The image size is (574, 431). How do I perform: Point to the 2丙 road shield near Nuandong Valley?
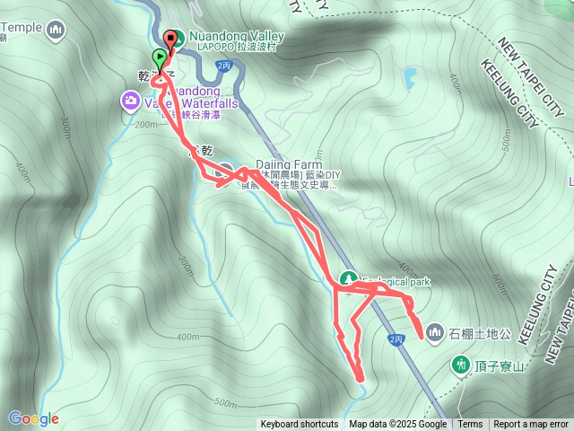point(224,66)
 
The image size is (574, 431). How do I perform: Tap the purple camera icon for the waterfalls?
point(130,99)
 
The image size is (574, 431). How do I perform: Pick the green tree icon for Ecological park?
point(347,279)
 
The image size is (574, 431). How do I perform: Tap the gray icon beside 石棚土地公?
point(435,333)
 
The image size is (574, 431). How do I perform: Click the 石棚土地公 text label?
point(480,334)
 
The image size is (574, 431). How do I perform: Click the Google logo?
point(33,418)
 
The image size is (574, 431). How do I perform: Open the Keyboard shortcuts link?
point(300,425)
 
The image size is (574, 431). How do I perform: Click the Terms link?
point(470,425)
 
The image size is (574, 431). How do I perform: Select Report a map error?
point(531,425)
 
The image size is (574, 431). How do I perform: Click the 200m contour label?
point(143,125)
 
